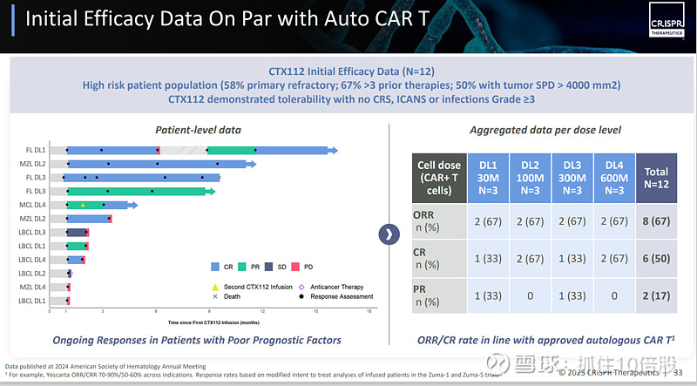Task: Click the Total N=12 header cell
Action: pos(657,178)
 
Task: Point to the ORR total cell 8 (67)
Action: pos(657,221)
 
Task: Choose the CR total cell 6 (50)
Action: pos(657,259)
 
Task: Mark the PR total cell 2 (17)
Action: pos(657,296)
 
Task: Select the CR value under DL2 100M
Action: pos(531,259)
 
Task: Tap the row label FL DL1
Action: pos(34,150)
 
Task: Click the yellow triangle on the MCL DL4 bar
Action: pos(83,205)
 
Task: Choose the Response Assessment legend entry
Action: pos(335,296)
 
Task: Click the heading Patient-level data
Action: pos(198,130)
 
